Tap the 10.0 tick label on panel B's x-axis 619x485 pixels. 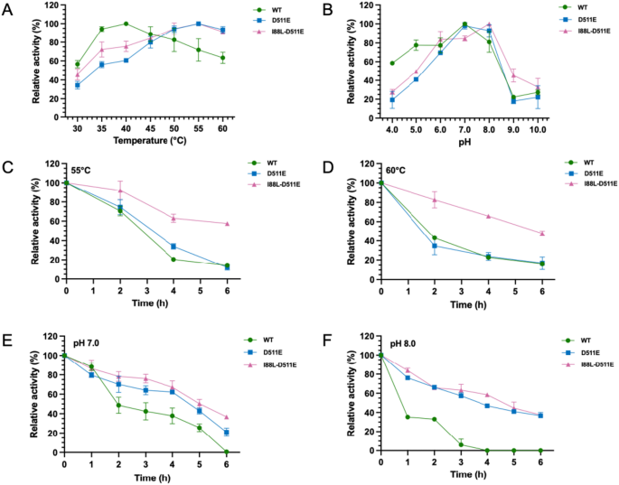[538, 130]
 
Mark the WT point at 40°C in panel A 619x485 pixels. [126, 23]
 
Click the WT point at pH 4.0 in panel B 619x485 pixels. [392, 63]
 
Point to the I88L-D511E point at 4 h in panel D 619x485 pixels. [489, 216]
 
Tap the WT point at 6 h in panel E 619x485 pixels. [227, 452]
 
